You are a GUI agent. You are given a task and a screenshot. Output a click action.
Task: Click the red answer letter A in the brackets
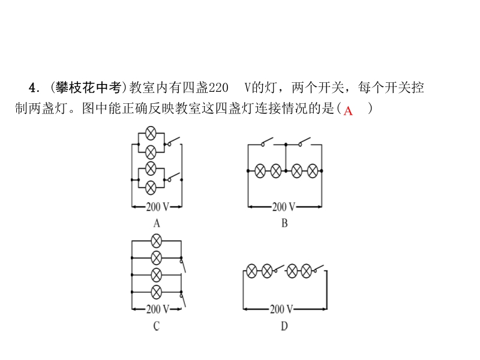348,110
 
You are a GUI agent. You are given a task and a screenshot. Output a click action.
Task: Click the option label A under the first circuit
157,223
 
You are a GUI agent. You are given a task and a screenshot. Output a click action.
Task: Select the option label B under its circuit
284,223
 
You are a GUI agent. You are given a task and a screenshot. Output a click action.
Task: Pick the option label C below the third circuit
157,326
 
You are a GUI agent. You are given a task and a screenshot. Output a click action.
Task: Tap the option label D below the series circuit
284,326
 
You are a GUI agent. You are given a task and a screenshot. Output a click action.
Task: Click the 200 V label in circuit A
157,207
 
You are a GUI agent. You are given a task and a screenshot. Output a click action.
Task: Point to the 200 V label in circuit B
284,207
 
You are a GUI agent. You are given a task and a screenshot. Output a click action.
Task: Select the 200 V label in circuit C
157,310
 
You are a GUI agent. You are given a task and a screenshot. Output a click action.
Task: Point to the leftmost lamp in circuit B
260,172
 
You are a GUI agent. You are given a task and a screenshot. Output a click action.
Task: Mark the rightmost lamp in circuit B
313,172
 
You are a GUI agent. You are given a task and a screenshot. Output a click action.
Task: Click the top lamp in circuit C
156,241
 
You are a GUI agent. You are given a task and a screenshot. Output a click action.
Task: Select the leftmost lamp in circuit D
253,272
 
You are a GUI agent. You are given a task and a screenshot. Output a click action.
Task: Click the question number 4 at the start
32,88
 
